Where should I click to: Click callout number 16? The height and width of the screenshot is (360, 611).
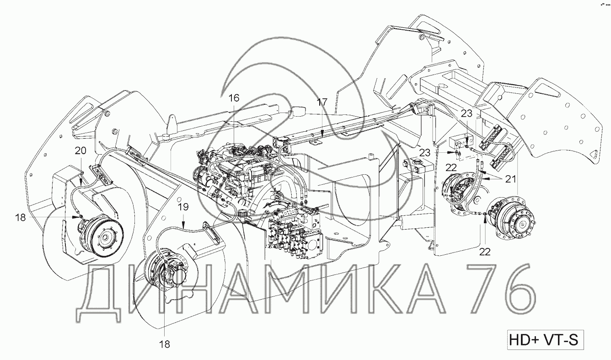[234, 98]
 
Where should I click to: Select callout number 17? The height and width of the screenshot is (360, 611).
[322, 102]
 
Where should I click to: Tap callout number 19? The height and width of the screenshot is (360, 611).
[183, 207]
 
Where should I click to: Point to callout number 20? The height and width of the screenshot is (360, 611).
[80, 150]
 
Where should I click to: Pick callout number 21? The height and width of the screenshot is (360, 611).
[511, 179]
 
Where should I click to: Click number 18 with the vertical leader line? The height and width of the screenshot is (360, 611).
[165, 344]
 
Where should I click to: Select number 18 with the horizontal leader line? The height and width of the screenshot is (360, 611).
[20, 217]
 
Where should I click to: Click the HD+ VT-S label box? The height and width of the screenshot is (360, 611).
[546, 340]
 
